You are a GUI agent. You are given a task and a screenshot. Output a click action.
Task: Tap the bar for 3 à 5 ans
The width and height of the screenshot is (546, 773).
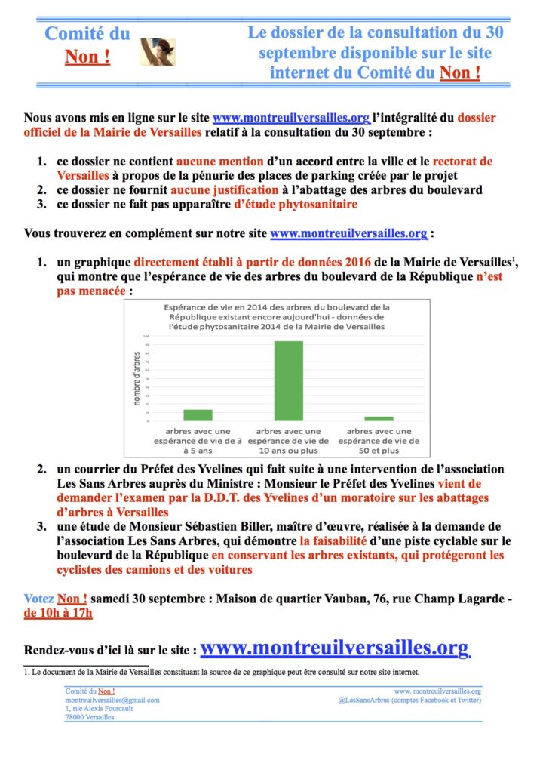pyautogui.click(x=198, y=414)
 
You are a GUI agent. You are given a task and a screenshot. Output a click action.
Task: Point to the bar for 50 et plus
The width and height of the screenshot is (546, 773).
pyautogui.click(x=379, y=418)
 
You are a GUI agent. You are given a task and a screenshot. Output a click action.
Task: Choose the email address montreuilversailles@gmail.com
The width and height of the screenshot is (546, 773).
pyautogui.click(x=112, y=700)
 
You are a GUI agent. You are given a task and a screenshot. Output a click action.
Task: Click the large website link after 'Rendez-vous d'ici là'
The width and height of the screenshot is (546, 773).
pyautogui.click(x=335, y=648)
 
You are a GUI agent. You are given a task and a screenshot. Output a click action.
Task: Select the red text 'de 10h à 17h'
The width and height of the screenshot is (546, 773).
pyautogui.click(x=58, y=612)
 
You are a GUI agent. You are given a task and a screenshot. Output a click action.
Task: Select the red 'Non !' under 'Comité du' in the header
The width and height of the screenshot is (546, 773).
pyautogui.click(x=87, y=57)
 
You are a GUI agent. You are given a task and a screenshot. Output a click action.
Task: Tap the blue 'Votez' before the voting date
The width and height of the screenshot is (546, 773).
pyautogui.click(x=38, y=598)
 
